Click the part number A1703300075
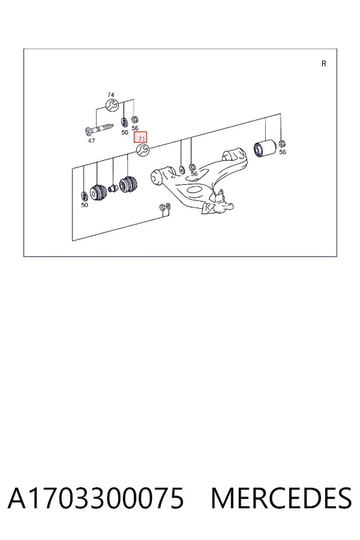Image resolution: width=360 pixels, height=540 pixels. pos(96,498)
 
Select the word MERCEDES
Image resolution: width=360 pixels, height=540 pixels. pos(281,498)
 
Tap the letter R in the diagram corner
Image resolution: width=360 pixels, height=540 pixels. pos(324,64)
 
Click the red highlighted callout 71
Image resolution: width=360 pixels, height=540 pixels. pos(140,137)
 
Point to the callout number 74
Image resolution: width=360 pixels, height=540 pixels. pos(110,95)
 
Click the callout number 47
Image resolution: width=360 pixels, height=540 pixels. pos(91,141)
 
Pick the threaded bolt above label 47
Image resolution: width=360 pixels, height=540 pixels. pos(100,130)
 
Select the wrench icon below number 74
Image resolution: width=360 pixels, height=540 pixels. pos(112,105)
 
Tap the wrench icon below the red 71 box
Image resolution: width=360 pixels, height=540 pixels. pos(143,150)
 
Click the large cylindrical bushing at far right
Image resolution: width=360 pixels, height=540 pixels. pos(264,148)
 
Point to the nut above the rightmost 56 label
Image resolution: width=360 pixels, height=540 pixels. pos(282,143)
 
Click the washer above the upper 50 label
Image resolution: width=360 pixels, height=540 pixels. pos(124,122)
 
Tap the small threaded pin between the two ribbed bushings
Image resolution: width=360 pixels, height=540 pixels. pos(113,188)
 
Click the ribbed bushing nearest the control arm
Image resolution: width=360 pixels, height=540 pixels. pos(128,185)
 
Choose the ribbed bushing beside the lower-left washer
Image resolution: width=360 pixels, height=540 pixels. pos(99,192)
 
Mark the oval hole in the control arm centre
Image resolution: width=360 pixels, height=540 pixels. pos(194,190)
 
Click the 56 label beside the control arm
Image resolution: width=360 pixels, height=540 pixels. pos(194,174)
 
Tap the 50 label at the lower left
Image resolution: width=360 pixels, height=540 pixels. pos(85,205)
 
